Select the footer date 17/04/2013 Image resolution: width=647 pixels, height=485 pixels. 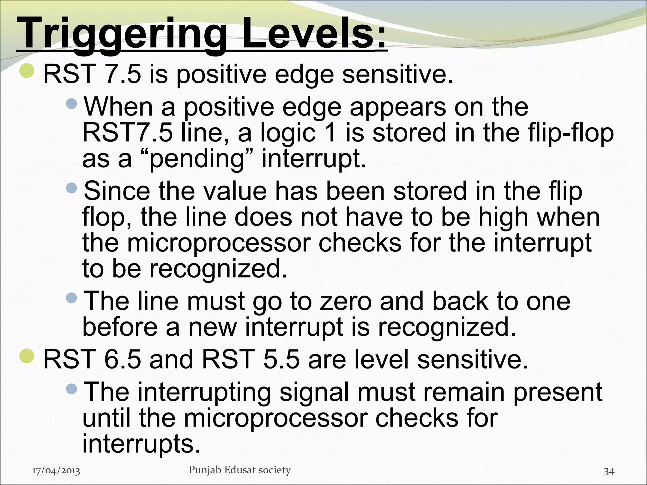(x=56, y=471)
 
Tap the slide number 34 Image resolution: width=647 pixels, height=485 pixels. (x=609, y=471)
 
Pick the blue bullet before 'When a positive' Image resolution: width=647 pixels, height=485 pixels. (x=72, y=103)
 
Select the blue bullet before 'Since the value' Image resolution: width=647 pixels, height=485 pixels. (x=72, y=188)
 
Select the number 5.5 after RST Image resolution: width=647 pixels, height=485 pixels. (x=281, y=360)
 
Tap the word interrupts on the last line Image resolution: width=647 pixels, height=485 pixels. (x=141, y=444)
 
